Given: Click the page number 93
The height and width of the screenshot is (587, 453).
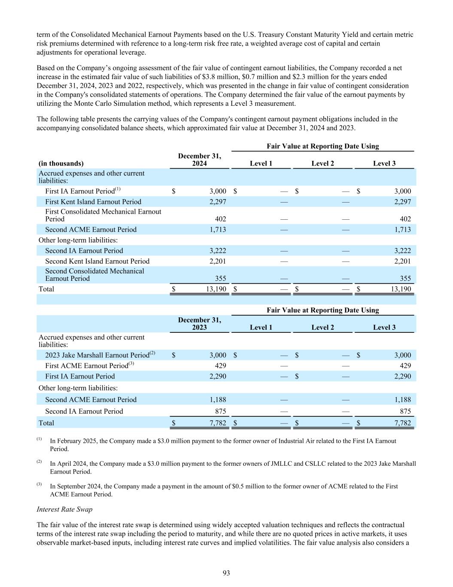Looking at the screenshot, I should click(226, 573).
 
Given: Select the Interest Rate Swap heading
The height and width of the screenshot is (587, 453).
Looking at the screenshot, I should click(64, 509).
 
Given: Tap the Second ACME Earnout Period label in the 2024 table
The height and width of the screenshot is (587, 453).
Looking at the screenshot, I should click(91, 230).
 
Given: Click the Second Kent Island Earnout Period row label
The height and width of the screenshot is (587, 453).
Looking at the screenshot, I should click(97, 261).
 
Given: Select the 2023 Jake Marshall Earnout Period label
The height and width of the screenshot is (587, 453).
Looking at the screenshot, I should click(97, 355).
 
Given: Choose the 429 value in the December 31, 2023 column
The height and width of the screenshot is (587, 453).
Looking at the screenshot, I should click(220, 366).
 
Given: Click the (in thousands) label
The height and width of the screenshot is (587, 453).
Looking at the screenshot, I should click(61, 163).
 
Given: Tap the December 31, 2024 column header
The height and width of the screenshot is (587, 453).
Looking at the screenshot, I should click(200, 160).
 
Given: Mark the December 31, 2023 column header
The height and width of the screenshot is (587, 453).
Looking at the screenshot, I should click(200, 323).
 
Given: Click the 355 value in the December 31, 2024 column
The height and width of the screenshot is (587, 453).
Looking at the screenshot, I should click(220, 278).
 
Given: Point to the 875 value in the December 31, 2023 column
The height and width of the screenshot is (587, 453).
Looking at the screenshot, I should click(220, 411).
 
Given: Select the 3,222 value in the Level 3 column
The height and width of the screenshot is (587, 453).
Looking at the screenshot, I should click(402, 251).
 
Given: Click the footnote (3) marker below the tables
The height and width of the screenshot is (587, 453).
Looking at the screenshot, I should click(39, 484).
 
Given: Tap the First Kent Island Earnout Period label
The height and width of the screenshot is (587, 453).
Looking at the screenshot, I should click(93, 202).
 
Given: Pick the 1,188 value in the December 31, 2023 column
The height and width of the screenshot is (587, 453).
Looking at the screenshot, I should click(217, 400).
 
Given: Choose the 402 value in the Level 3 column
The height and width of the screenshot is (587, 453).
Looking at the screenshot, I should click(405, 219).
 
